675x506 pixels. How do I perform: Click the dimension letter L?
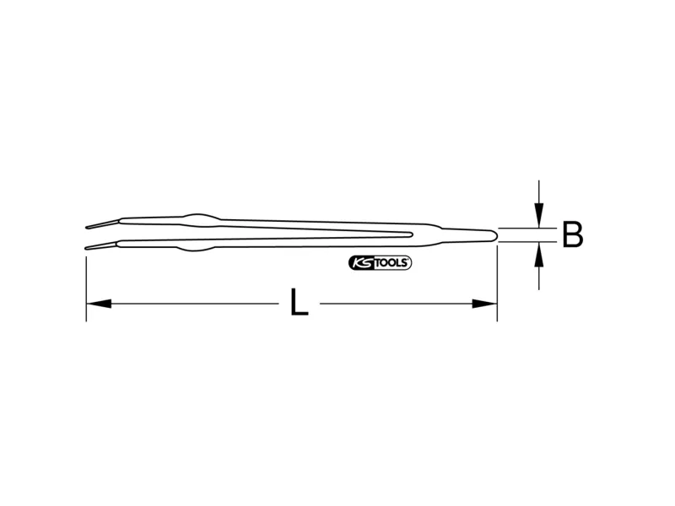click(300, 302)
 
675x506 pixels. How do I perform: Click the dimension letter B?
click(573, 234)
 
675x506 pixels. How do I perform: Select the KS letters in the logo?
click(363, 263)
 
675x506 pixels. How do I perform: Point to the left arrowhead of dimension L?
click(99, 304)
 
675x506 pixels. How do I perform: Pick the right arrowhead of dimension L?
click(484, 304)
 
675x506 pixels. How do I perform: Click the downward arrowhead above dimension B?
click(538, 215)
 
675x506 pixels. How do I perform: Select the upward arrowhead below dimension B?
click(538, 255)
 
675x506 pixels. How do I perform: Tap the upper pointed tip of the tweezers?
click(86, 227)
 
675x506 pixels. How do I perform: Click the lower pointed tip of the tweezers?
click(86, 248)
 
